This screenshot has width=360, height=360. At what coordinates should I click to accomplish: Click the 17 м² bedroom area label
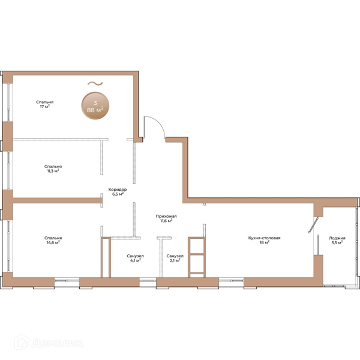coord(45,104)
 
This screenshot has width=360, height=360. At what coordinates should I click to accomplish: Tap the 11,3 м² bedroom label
coord(53,169)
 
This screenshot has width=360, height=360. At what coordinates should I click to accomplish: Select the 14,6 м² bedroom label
coord(53,240)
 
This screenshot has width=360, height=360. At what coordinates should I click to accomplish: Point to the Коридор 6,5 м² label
coord(118,192)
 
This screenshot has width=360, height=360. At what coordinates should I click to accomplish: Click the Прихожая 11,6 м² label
coord(166,218)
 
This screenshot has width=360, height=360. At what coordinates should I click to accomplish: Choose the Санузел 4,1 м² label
coord(135,258)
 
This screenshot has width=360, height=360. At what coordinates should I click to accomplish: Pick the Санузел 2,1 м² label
coord(175,258)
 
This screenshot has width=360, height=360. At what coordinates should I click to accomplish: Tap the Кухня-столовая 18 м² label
coord(264,240)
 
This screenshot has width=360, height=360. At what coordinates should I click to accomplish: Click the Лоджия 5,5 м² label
coord(337,240)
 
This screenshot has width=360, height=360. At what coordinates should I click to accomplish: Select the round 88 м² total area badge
coord(95,106)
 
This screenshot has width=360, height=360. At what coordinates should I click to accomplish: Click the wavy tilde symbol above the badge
coord(95,83)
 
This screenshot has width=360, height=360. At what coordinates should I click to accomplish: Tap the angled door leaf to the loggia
coord(313,225)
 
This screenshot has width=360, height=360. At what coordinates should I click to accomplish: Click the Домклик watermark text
coord(58,343)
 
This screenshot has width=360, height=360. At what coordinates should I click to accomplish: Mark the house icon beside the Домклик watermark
coord(22,342)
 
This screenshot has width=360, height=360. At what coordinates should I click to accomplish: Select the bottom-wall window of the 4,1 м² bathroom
coord(148,282)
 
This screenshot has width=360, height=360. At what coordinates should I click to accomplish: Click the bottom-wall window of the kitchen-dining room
coord(231,282)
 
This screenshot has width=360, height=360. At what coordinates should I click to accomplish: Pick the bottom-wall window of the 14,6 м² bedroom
coord(67,282)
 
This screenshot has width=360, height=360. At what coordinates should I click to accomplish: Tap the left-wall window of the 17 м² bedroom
coord(8,102)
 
